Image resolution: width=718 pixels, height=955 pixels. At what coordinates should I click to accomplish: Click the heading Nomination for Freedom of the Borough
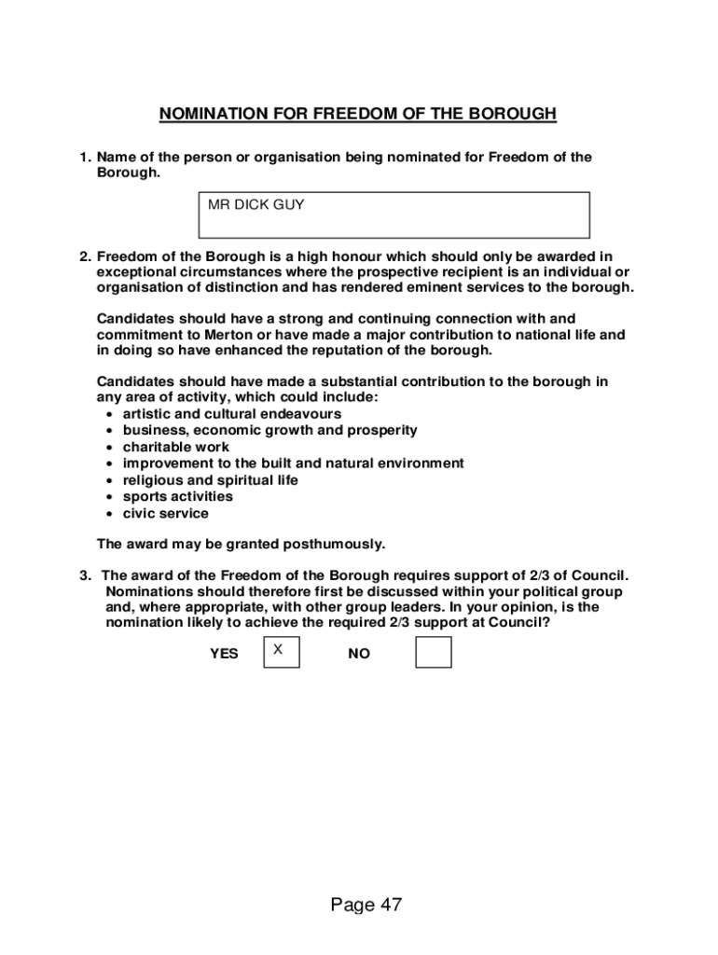[358, 114]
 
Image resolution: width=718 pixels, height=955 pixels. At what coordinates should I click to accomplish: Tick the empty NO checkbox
[433, 653]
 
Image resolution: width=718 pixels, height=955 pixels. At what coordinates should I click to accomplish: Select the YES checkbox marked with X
[282, 653]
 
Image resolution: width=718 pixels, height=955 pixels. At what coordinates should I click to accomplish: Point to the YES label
[224, 655]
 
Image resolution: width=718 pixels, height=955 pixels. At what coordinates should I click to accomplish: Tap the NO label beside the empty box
[359, 655]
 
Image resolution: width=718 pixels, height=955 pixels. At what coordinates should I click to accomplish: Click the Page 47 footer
[366, 905]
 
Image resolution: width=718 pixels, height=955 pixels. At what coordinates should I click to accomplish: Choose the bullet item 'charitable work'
[176, 447]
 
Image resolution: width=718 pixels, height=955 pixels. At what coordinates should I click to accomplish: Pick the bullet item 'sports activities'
[178, 497]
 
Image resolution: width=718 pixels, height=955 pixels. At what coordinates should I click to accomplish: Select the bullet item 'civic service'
[166, 514]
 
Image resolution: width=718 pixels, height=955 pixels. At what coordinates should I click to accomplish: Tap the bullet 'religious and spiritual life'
[211, 480]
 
